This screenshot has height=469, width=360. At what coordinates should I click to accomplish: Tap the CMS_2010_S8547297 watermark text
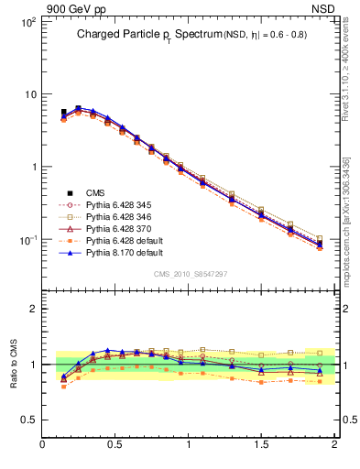pos(190,274)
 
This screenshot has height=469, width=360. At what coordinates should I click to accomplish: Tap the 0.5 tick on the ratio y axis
pos(29,420)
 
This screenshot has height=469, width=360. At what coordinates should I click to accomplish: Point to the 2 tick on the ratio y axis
pos(34,309)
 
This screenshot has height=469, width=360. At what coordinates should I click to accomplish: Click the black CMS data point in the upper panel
pos(63,113)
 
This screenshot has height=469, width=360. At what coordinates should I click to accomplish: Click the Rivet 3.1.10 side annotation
pos(347,64)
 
